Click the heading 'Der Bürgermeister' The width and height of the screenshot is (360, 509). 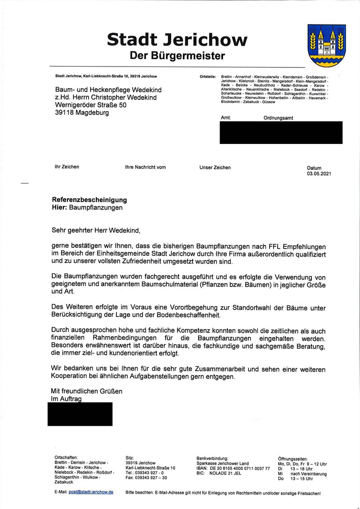[177, 56]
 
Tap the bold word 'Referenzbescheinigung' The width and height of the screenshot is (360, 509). [90, 200]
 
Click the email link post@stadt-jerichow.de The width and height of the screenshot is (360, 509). [91, 492]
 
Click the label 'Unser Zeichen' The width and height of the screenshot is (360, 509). [215, 167]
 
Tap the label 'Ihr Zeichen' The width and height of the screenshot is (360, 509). [67, 167]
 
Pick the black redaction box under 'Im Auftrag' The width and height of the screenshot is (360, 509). [80, 414]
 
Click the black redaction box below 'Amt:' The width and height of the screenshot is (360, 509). [281, 133]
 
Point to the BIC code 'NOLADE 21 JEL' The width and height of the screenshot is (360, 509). [229, 473]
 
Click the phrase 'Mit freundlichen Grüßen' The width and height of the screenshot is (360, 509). [86, 391]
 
